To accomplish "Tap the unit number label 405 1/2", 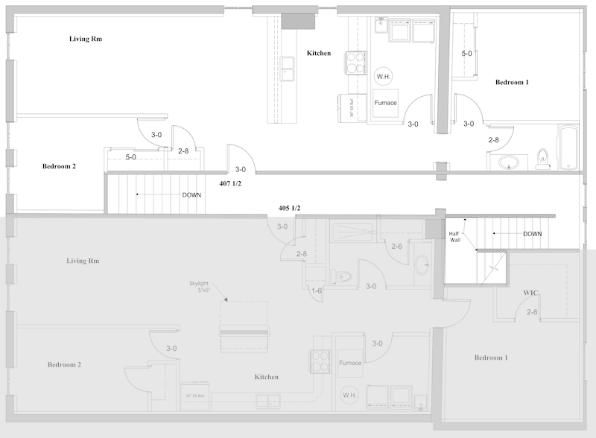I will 289,208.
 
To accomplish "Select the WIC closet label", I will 530,293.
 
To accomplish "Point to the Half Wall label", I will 454,238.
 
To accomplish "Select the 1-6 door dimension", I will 317,291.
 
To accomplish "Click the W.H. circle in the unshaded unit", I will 384,76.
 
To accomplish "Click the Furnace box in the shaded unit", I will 350,363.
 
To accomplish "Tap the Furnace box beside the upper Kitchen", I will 385,104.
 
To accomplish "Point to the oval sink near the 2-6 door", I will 421,263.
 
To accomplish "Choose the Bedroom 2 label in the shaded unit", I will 64,365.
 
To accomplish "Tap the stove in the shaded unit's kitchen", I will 320,361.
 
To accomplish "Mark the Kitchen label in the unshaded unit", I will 319,53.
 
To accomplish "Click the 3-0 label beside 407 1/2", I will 241,169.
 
